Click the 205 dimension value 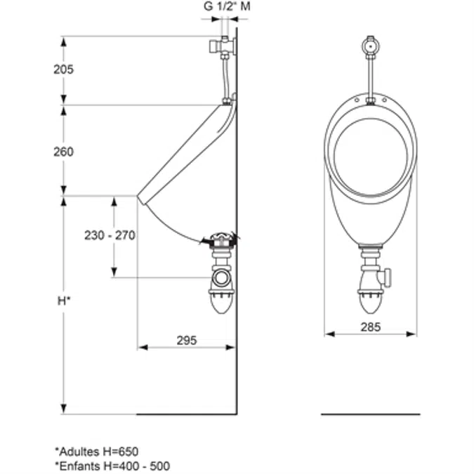tap(63, 70)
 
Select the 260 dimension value tap(63, 152)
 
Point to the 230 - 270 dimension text tap(110, 235)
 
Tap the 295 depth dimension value tap(187, 341)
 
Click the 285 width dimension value tap(371, 327)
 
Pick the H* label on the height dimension tap(64, 301)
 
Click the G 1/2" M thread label tap(227, 6)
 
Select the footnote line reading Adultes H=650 tap(97, 452)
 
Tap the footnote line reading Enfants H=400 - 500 tap(112, 466)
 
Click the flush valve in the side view tap(223, 46)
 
